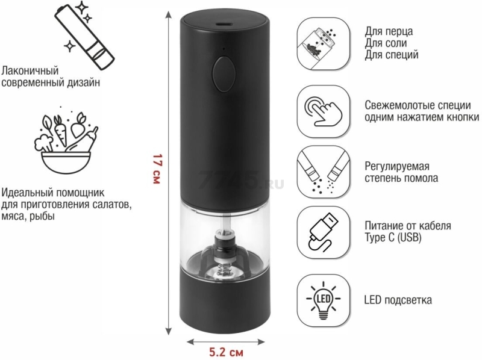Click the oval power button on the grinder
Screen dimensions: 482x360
click(224, 73)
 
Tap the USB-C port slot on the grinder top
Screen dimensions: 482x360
click(224, 23)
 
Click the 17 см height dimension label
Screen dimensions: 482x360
click(157, 169)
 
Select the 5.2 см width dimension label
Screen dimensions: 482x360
click(226, 352)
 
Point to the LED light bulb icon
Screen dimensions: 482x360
click(324, 300)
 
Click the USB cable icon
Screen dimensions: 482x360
click(324, 232)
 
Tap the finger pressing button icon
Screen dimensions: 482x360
click(324, 111)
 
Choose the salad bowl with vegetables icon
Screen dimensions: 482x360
click(66, 143)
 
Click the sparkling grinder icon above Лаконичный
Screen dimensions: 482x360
click(84, 36)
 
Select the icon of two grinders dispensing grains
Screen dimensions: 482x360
click(324, 172)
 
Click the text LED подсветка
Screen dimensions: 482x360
click(398, 300)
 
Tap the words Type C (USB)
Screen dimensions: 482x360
click(393, 237)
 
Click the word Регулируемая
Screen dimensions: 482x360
click(396, 167)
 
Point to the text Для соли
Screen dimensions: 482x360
click(386, 43)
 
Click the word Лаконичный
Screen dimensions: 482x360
click(30, 71)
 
